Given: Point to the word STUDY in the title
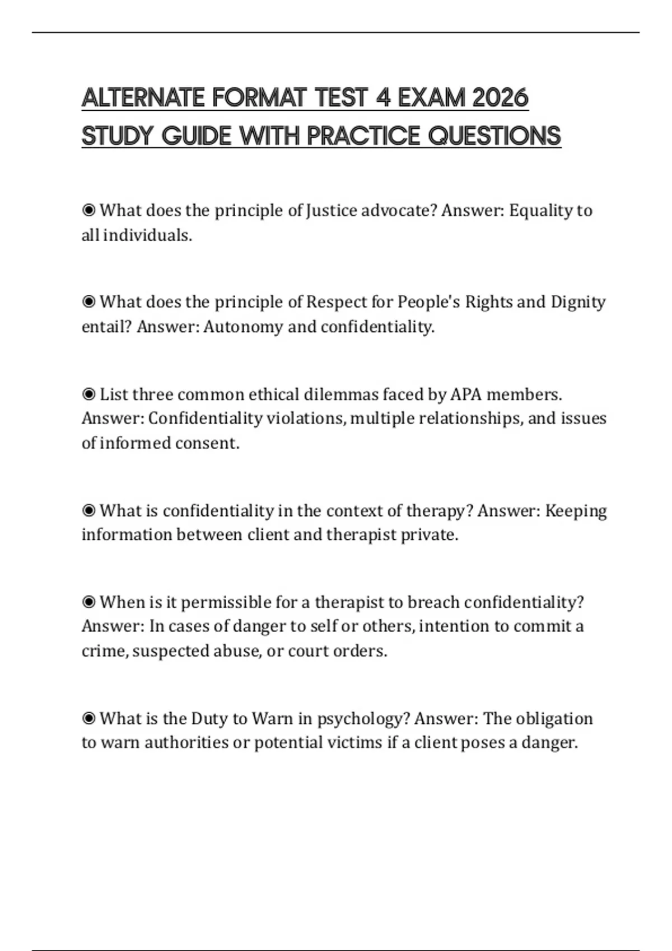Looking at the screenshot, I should pos(117,136).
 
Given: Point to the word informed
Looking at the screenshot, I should pos(135,443).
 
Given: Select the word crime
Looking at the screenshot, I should pos(104,651).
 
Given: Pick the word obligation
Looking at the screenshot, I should pos(554,718).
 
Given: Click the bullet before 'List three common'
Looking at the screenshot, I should pos(88,394).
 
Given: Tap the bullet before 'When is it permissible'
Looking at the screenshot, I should pos(88,602).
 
